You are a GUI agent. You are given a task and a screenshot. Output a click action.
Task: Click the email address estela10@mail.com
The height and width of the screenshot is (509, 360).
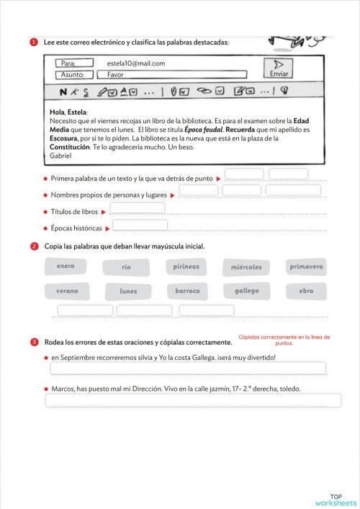tap(135, 63)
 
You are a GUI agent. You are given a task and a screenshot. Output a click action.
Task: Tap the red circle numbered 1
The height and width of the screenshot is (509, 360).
tap(35, 42)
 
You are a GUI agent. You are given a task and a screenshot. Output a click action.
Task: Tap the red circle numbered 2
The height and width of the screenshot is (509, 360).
tap(35, 247)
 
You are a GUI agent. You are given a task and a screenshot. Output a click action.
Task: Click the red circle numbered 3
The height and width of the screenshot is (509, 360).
tap(35, 341)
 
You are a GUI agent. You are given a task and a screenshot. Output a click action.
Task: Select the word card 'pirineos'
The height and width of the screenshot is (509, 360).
tap(186, 267)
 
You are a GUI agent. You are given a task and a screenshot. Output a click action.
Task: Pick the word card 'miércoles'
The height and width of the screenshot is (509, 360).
tap(246, 268)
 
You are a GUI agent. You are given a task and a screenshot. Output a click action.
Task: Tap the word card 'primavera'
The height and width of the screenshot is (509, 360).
tap(306, 267)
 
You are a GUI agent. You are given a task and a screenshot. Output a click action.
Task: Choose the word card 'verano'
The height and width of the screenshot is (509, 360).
tap(66, 292)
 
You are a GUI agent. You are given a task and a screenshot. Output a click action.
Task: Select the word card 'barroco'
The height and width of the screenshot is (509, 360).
tap(187, 292)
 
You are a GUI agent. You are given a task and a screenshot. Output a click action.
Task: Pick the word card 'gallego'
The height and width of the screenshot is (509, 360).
tap(246, 292)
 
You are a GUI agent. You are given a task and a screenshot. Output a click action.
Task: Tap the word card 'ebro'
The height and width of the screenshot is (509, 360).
tap(306, 292)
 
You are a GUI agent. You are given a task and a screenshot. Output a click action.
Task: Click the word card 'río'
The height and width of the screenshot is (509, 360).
tap(127, 268)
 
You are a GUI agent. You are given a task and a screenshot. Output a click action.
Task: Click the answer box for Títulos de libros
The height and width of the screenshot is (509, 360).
tap(138, 208)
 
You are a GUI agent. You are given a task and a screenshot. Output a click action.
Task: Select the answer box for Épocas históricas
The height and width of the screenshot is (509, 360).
tap(140, 225)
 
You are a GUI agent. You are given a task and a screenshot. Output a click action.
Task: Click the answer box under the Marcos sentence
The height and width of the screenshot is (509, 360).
tap(193, 400)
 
